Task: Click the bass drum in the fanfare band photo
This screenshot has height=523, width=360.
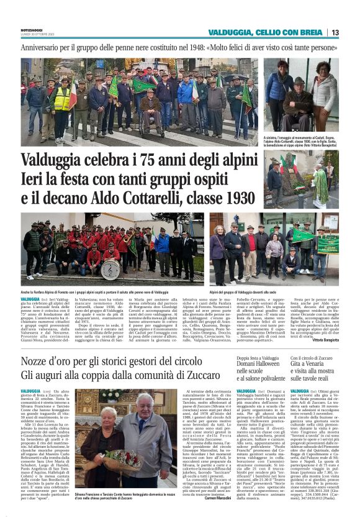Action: [110, 268]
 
